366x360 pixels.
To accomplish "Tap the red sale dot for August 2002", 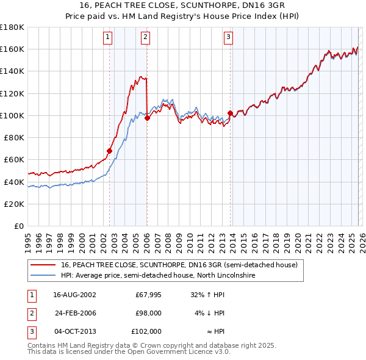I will pos(110,151).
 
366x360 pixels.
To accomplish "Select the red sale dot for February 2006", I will pos(148,118).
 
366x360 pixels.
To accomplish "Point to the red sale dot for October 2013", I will pos(230,113).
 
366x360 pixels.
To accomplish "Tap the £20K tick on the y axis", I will pos(14,204).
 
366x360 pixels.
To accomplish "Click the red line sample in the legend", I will pos(43,265).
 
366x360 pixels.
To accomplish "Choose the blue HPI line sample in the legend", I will pos(43,275).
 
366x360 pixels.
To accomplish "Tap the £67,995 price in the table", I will pos(148,294).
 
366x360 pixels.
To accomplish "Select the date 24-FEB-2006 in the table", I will pos(75,312).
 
